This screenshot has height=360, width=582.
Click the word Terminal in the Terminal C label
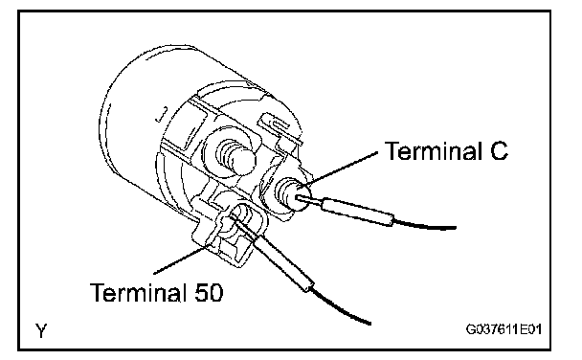pos(433,151)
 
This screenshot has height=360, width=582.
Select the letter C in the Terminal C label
pos(499,151)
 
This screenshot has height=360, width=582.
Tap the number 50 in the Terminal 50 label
pos(209,292)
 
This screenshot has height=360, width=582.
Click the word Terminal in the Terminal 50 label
pos(138,292)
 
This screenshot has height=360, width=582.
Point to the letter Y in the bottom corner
pos(41,330)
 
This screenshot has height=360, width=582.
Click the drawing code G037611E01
pos(504,329)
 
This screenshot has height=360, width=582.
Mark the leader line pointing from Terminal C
pos(341,169)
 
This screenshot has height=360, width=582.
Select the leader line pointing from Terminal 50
pos(185,258)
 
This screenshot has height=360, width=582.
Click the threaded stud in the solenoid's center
pos(237,157)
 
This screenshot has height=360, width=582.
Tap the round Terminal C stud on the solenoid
pos(291,194)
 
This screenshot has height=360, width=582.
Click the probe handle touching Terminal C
pos(357,212)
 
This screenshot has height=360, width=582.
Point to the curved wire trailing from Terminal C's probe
pos(424,226)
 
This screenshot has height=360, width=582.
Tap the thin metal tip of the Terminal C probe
pos(309,200)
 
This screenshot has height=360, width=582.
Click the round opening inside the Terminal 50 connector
pos(240,214)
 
